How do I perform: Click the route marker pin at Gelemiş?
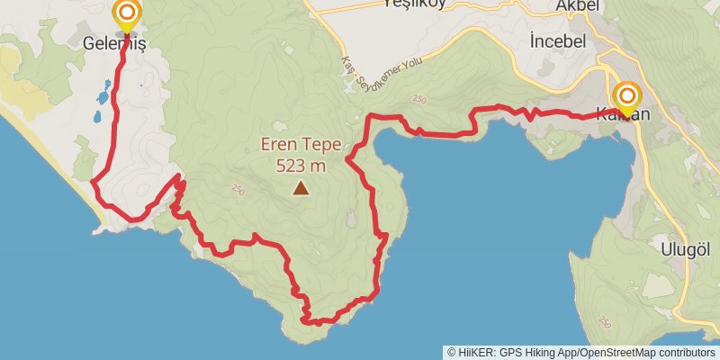coord(127,13)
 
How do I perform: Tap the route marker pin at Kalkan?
coord(626,96)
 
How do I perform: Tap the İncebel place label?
coord(558,41)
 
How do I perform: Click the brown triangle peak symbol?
coord(301,188)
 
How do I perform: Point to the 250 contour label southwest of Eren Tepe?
coord(238,189)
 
